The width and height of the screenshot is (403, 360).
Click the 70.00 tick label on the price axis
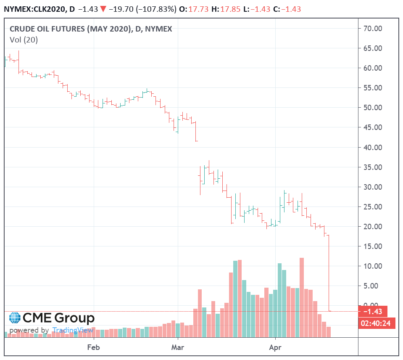click(x=373, y=28)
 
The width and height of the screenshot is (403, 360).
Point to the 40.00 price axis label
click(x=373, y=147)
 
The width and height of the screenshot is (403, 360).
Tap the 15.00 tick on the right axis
click(x=373, y=246)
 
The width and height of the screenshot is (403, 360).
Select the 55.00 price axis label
click(x=373, y=87)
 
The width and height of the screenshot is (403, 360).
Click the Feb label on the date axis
click(x=93, y=347)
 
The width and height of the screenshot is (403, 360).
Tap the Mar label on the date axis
click(x=178, y=347)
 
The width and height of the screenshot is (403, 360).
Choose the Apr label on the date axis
click(x=275, y=348)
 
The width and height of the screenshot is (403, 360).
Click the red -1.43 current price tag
click(x=373, y=311)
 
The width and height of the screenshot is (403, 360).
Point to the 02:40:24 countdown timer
click(x=376, y=323)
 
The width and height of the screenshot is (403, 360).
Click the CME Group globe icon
click(x=15, y=318)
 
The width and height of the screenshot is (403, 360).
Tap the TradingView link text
click(x=73, y=330)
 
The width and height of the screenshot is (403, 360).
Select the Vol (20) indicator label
click(x=24, y=40)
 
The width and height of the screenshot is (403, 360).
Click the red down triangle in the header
click(x=103, y=9)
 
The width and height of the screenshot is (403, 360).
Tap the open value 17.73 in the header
click(x=198, y=9)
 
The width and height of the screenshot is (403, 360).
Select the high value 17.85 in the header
click(x=230, y=9)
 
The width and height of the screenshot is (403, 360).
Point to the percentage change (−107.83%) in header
click(x=156, y=9)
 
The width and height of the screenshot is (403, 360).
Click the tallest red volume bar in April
click(x=302, y=297)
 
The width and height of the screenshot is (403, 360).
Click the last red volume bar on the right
click(x=329, y=332)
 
